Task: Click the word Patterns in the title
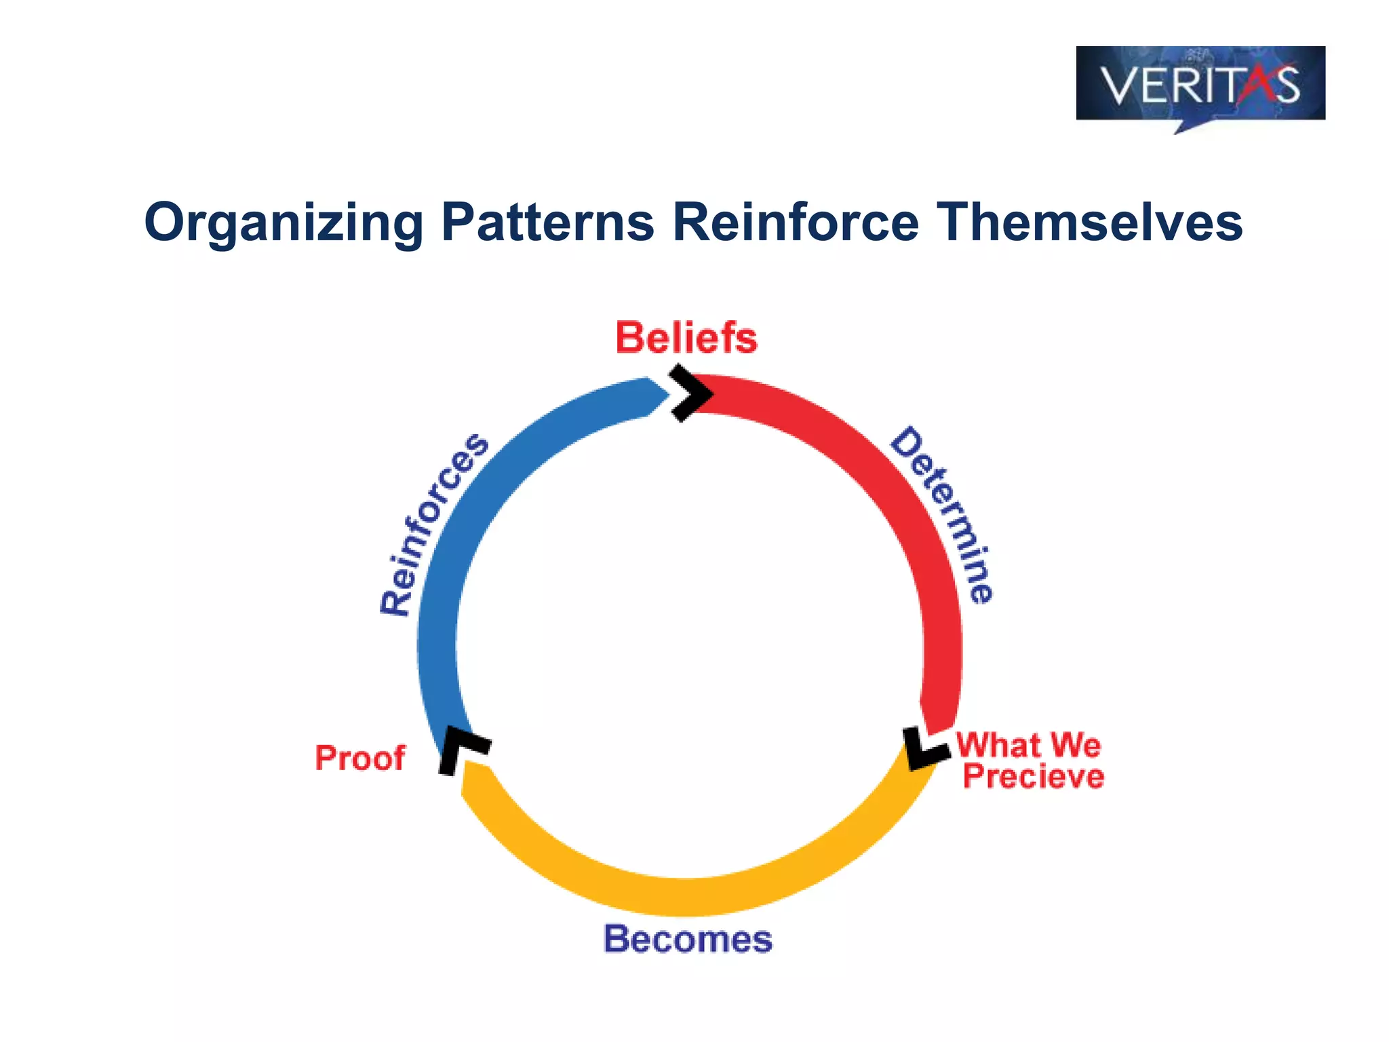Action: pos(547,223)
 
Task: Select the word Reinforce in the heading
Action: pos(795,223)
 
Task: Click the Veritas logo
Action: pos(1200,85)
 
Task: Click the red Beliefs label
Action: pos(686,338)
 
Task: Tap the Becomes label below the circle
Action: pos(688,940)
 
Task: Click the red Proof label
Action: pos(359,758)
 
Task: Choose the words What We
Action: pos(1028,745)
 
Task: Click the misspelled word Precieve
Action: pos(1033,777)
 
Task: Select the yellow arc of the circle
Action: pos(685,895)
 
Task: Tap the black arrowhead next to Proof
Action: pos(461,749)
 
